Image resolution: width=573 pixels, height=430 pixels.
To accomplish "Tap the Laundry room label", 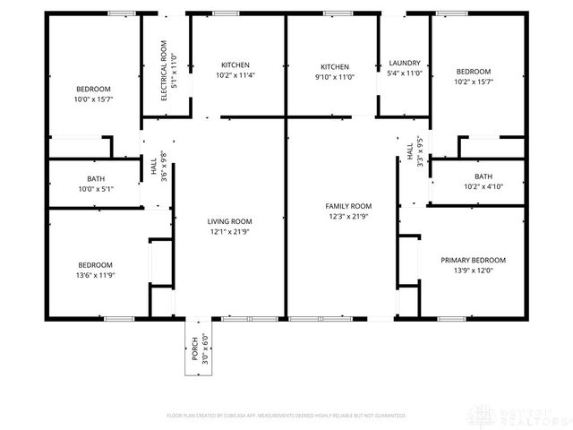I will [405, 64].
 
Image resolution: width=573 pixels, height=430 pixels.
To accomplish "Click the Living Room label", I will [230, 221].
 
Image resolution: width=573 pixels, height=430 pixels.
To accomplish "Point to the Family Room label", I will [347, 206].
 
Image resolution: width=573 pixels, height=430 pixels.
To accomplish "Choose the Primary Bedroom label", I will [473, 260].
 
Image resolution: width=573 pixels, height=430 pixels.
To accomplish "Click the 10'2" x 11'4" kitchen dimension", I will [235, 75].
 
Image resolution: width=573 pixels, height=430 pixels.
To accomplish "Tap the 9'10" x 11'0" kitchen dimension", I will [335, 77].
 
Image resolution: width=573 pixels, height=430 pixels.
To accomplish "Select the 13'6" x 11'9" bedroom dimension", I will [95, 275].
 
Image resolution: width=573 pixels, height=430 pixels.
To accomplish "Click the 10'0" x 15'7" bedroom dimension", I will [93, 99].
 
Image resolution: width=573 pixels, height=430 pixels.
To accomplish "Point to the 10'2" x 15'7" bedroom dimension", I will [474, 82].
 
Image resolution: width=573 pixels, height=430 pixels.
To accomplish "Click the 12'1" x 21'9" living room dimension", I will [230, 232].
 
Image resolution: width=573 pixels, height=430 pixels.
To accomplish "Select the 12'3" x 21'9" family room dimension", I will [347, 217].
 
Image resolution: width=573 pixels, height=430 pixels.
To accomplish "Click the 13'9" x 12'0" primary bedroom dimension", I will [473, 271].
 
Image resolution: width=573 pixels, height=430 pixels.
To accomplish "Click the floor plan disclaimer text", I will [286, 416].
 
